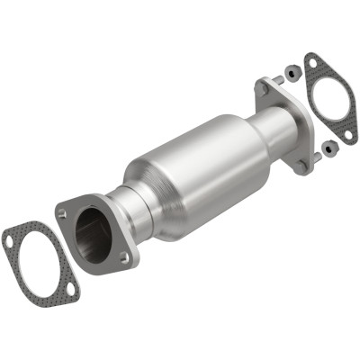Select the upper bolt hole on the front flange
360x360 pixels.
click(62, 214)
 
